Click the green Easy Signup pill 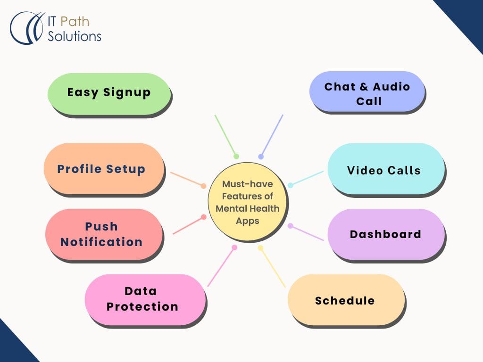click(x=109, y=92)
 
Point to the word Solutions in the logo click(x=75, y=36)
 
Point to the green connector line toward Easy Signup click(x=225, y=135)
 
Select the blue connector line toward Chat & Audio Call click(x=272, y=135)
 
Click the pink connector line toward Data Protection click(x=221, y=267)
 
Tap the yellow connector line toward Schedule click(x=273, y=267)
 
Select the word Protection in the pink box click(x=142, y=306)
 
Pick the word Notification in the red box click(x=101, y=242)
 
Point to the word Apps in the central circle click(x=248, y=220)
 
